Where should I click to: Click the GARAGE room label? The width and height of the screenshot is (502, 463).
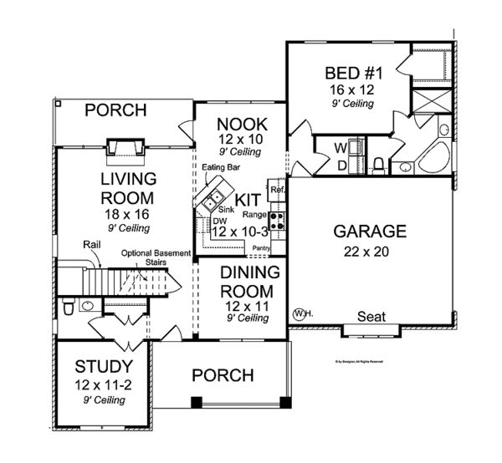pos(370,231)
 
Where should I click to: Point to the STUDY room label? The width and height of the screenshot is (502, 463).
pos(103,366)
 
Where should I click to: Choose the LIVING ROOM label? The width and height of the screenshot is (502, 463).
pos(127,190)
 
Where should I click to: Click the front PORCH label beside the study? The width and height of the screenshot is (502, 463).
pos(223,375)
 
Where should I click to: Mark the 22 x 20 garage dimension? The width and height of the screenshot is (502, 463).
pos(370,251)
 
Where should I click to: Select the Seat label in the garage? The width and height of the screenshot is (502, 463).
pos(371,317)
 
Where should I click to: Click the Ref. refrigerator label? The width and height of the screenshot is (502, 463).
pos(277,191)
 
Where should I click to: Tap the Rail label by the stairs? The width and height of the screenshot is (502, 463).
pos(92,245)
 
